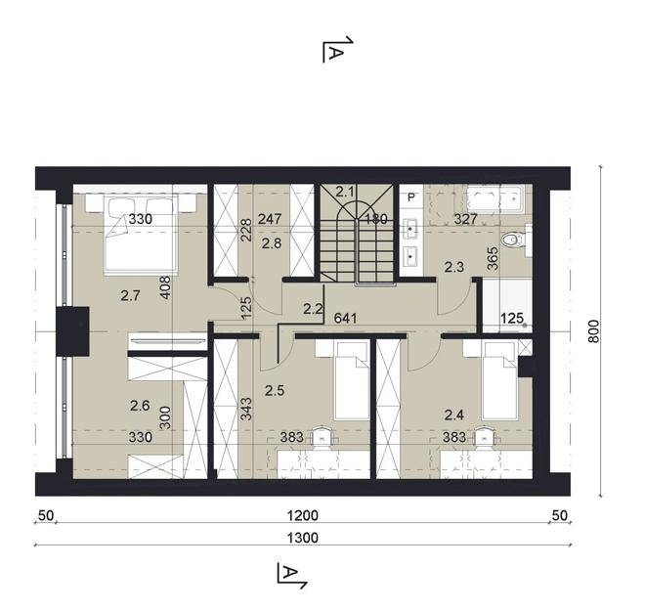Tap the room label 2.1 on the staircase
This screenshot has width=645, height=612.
(344, 193)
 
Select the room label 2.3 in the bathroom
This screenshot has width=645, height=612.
(454, 265)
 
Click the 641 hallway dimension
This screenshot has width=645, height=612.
(345, 318)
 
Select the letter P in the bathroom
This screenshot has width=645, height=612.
(411, 197)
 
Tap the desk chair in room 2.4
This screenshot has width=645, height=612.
(482, 439)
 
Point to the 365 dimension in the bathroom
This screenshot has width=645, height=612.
(494, 257)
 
